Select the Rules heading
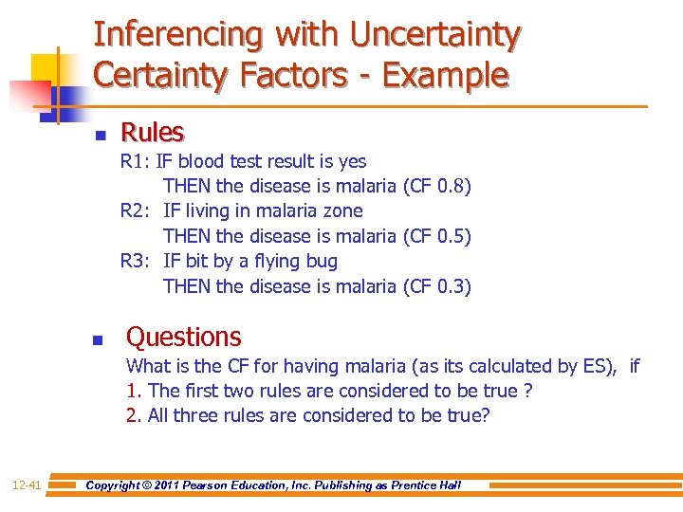[152, 132]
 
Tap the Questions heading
[184, 337]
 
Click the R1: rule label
[135, 161]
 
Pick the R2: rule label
[135, 210]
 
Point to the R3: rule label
[135, 261]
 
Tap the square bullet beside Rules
[100, 135]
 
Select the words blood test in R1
[219, 161]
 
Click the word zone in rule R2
[343, 210]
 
